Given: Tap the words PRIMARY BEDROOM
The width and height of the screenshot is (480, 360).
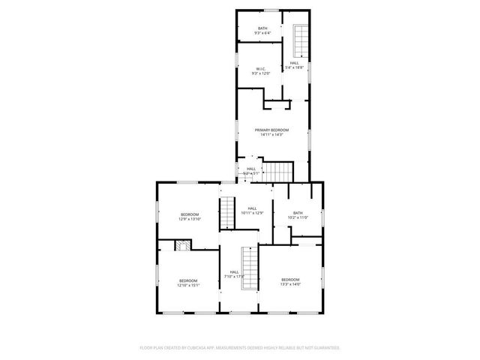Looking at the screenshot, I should [x=271, y=130].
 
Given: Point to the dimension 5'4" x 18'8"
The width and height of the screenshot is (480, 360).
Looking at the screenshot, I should [x=295, y=67].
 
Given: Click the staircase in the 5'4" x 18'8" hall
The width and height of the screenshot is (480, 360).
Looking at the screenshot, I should [x=300, y=40].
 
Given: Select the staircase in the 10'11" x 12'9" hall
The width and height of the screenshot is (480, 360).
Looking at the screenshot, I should [x=227, y=212].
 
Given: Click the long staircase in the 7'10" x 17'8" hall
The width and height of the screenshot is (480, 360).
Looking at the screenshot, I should [x=249, y=268].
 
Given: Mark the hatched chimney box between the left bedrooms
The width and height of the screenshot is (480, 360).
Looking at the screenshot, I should [x=181, y=244].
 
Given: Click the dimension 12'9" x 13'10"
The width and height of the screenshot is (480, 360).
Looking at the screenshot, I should [x=188, y=219].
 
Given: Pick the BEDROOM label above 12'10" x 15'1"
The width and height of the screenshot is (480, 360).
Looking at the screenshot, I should [x=188, y=280].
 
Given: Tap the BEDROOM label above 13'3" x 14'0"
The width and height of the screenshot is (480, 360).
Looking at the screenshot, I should [x=290, y=280].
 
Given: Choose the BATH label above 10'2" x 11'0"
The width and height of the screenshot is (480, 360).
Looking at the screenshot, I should [x=298, y=213].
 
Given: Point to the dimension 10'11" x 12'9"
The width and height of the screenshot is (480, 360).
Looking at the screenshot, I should [x=252, y=213].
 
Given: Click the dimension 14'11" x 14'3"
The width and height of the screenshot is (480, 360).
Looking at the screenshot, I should [x=271, y=135].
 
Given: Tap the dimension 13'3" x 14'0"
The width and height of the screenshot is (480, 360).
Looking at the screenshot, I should [x=290, y=284].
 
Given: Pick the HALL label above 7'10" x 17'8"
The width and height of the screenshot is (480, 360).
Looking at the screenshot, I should [x=235, y=272].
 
